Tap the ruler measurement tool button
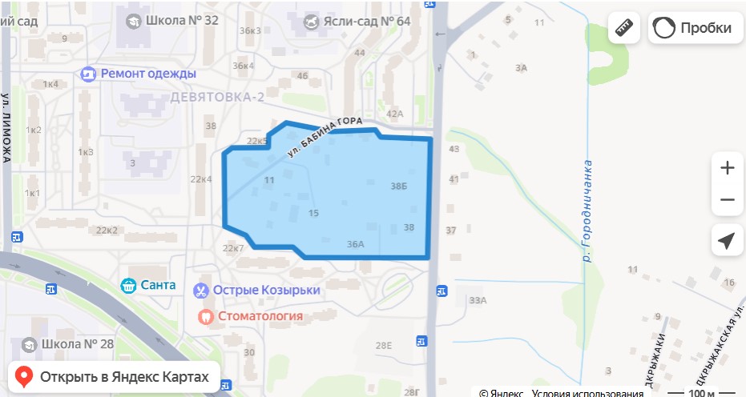[625, 28]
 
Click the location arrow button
[727, 241]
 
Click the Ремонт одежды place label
[148, 74]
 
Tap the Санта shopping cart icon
[127, 285]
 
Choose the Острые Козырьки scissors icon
[202, 290]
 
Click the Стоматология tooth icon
[204, 316]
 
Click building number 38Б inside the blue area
[399, 186]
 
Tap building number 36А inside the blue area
[356, 244]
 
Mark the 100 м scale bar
[702, 393]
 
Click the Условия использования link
[587, 393]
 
